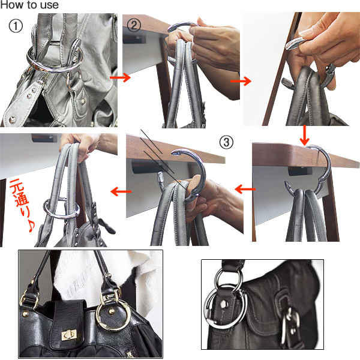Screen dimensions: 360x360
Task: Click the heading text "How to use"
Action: [29, 5]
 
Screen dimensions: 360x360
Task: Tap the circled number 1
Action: [16, 26]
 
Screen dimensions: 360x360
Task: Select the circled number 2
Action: [134, 25]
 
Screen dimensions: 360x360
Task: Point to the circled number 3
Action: [226, 142]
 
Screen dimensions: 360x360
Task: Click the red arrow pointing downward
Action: [305, 135]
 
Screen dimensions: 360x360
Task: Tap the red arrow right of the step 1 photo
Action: [120, 77]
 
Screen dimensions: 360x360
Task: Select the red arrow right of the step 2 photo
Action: [241, 81]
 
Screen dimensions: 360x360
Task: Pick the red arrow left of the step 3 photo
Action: [121, 191]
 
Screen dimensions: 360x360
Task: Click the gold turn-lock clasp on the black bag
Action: [70, 336]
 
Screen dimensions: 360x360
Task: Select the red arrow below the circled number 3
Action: [245, 189]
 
